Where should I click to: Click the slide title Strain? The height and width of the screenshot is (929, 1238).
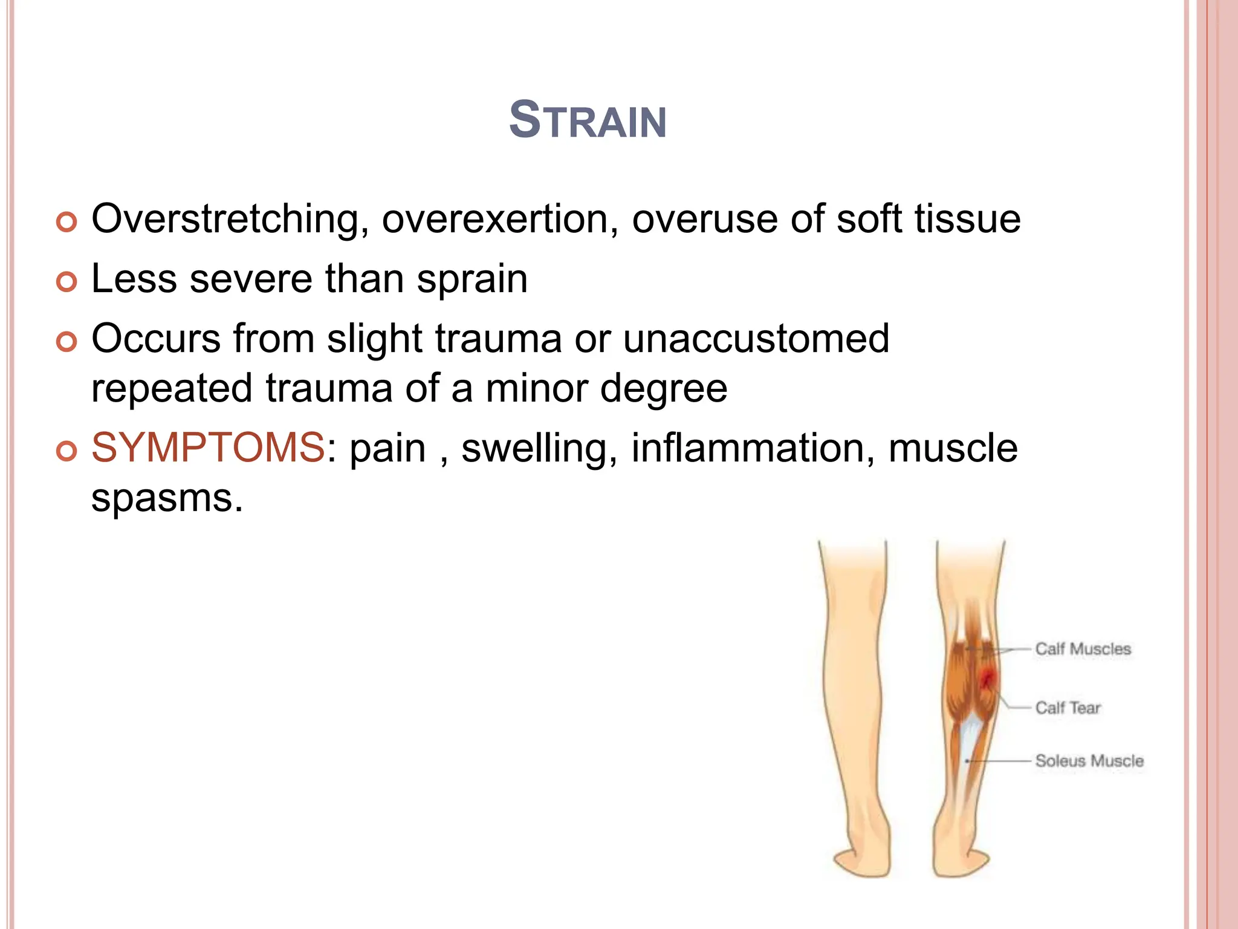[588, 120]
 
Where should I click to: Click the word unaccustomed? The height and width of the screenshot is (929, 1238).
[756, 338]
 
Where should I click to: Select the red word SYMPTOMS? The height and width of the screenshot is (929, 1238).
[208, 448]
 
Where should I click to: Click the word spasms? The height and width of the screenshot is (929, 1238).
[167, 498]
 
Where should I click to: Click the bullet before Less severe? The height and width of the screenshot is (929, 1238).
[66, 282]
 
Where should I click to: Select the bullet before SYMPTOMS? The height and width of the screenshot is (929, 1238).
[66, 451]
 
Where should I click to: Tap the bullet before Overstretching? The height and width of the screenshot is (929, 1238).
[66, 222]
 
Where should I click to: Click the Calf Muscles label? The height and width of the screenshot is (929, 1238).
[1083, 649]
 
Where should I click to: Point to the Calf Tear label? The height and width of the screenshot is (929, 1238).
[1068, 708]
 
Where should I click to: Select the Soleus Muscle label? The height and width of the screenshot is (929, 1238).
[1089, 761]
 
